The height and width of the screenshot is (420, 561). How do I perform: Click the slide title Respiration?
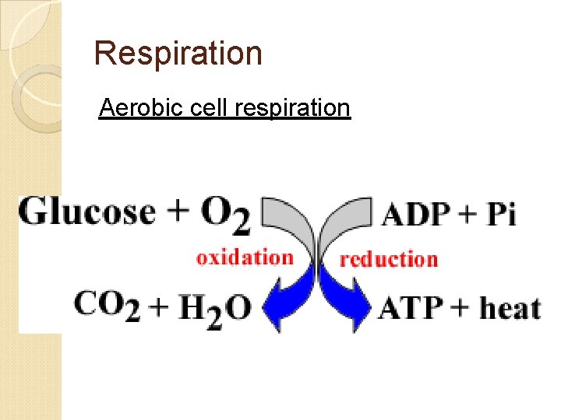tap(178, 54)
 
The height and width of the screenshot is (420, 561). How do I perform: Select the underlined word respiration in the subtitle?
tap(292, 107)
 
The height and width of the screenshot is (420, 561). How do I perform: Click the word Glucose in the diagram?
tap(87, 211)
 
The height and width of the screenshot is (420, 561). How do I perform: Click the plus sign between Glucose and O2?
tap(178, 212)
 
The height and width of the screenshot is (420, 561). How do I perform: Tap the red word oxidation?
tap(245, 257)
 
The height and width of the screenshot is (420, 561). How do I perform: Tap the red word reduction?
tap(389, 259)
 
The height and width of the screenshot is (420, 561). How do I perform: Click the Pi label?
tap(502, 214)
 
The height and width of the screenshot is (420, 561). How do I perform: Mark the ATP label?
tap(409, 308)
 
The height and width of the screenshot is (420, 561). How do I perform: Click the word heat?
tap(510, 308)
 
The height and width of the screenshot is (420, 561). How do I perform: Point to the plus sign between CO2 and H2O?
tap(158, 309)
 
